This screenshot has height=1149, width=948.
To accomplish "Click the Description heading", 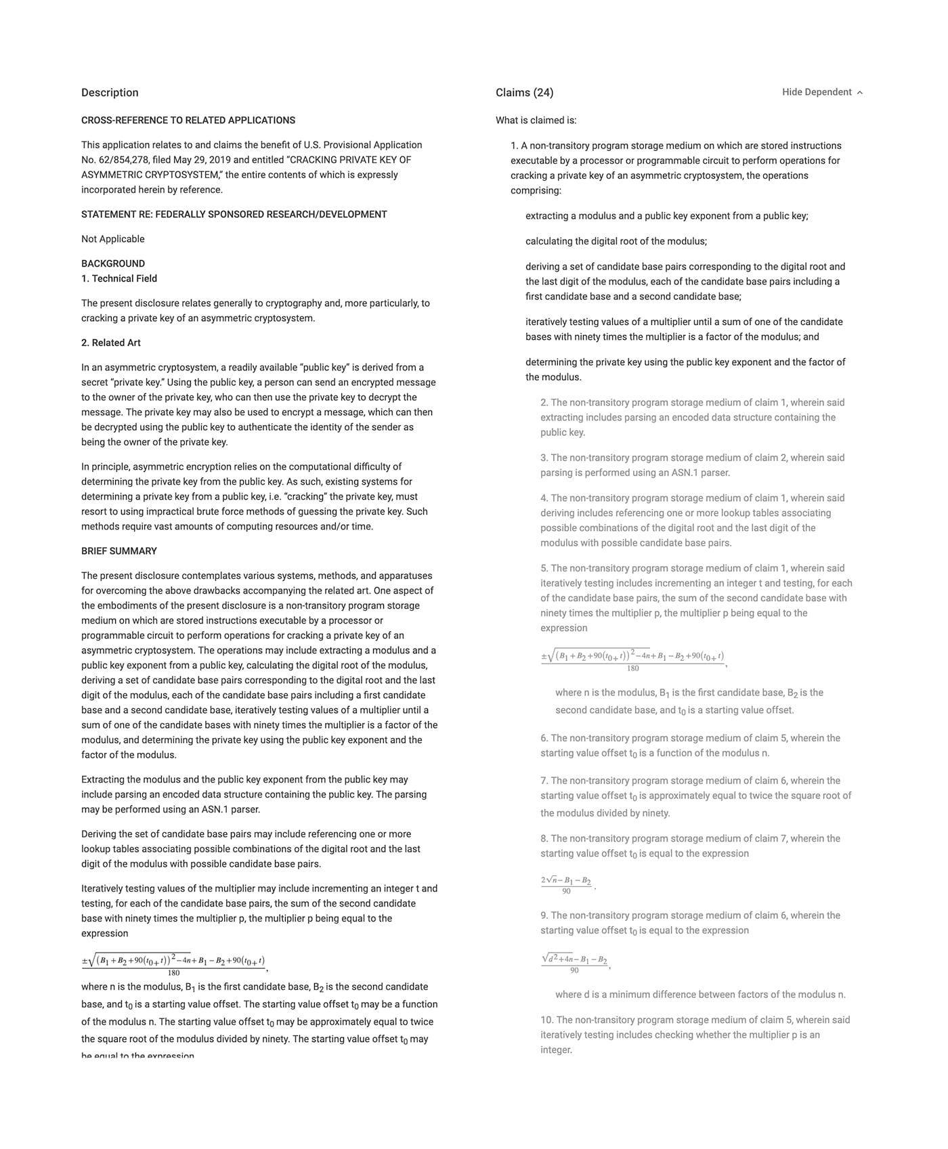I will (110, 93).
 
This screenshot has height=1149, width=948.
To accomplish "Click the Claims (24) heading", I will (524, 93).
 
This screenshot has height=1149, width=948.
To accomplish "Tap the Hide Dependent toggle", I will (817, 92).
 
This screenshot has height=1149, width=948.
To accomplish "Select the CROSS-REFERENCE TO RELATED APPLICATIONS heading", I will (188, 121).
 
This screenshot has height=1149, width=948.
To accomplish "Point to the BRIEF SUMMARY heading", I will (119, 551).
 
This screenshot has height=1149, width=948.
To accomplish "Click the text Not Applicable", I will (113, 239).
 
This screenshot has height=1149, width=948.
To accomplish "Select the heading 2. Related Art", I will (111, 343).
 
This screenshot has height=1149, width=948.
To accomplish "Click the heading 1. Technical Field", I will (119, 278).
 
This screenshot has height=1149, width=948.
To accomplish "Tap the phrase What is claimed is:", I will (536, 121).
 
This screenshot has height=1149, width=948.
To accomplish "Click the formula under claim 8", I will (566, 885).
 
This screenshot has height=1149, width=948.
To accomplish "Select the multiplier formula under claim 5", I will (632, 660).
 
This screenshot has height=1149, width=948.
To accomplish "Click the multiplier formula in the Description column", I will (173, 964).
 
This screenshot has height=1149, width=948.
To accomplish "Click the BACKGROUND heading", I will (113, 263).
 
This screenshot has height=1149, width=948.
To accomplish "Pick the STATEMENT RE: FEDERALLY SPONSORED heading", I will (234, 215).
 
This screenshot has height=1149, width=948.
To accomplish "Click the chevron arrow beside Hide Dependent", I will (860, 93).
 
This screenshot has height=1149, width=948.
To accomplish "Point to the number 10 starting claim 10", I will (546, 1020).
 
